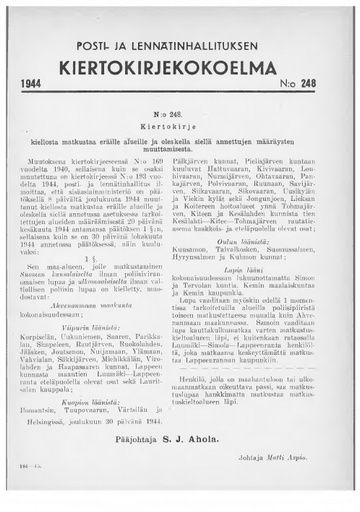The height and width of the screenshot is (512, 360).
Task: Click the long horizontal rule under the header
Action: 181,115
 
